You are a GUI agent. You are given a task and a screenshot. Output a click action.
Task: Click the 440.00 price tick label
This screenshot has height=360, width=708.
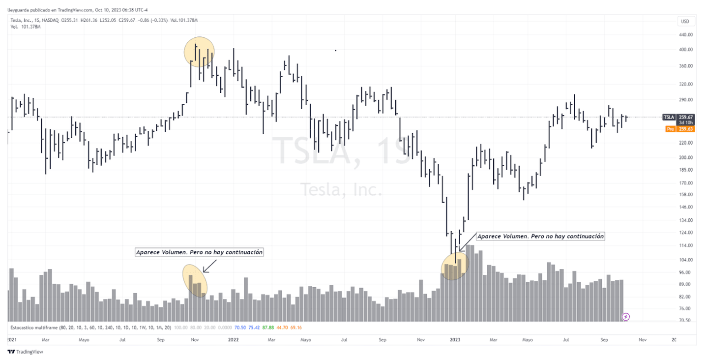(685, 35)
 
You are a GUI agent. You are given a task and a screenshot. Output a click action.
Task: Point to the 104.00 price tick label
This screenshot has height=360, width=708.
(685, 260)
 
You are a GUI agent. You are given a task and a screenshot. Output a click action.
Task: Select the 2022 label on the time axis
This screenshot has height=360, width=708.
(234, 339)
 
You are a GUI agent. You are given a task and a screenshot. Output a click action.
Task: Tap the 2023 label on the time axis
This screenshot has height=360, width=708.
(455, 339)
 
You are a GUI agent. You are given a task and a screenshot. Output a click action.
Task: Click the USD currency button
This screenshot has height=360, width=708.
(684, 21)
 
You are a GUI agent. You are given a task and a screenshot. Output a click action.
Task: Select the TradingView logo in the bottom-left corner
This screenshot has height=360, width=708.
(25, 352)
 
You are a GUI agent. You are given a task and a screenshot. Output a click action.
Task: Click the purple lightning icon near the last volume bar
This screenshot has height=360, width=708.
(626, 317)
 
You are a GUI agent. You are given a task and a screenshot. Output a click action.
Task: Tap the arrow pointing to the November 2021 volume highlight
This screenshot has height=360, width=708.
(210, 266)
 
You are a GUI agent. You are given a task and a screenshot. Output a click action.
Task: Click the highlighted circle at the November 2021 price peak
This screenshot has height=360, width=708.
(199, 51)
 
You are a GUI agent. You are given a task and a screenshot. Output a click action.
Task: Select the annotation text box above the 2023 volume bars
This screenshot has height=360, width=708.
(540, 236)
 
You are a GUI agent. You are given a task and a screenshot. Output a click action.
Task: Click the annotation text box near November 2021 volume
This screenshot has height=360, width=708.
(200, 252)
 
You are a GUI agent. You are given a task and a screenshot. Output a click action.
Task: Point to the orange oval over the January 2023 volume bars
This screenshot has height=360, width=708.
(455, 267)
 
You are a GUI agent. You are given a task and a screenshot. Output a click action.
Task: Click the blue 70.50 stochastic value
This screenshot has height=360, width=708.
(240, 327)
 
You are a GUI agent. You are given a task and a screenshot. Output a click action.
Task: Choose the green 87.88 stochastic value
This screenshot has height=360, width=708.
(268, 327)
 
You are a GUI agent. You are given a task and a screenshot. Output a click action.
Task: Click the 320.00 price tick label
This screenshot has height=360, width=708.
(685, 84)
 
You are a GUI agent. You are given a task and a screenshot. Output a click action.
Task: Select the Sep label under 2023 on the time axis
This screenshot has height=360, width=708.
(604, 339)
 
